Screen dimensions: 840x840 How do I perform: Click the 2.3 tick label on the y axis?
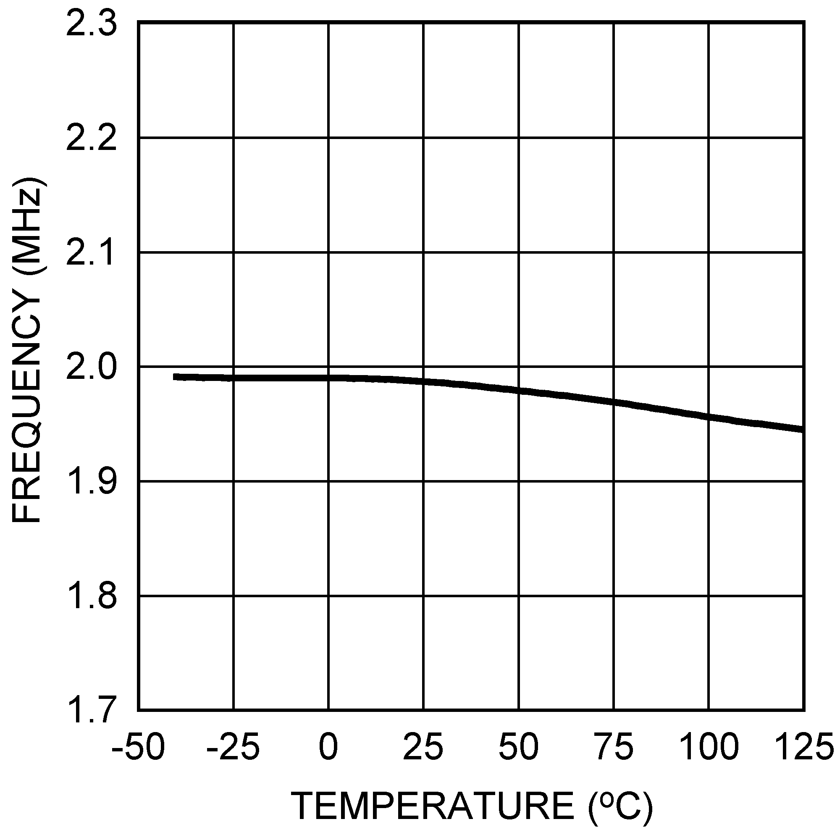(91, 24)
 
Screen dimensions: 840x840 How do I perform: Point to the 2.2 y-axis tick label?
(91, 138)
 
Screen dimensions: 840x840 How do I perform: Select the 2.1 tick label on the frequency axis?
(91, 252)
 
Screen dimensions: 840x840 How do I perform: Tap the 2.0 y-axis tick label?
(91, 367)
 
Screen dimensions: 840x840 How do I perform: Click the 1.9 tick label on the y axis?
(91, 481)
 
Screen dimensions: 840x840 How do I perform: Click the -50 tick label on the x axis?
(138, 746)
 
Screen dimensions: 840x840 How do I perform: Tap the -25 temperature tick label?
(233, 746)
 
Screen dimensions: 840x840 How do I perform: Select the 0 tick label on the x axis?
(328, 746)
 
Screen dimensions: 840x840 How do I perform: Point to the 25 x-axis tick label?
(423, 746)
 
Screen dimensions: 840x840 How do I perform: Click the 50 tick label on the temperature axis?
(519, 746)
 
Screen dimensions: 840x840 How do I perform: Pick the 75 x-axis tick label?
(614, 746)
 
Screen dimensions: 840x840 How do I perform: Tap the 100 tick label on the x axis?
(709, 746)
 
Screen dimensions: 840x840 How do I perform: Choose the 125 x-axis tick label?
(804, 746)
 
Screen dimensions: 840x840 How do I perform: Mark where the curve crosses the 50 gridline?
(519, 391)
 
